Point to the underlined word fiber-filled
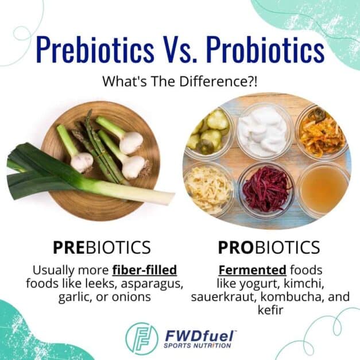click(144, 270)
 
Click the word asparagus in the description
click(150, 284)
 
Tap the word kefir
click(269, 311)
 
